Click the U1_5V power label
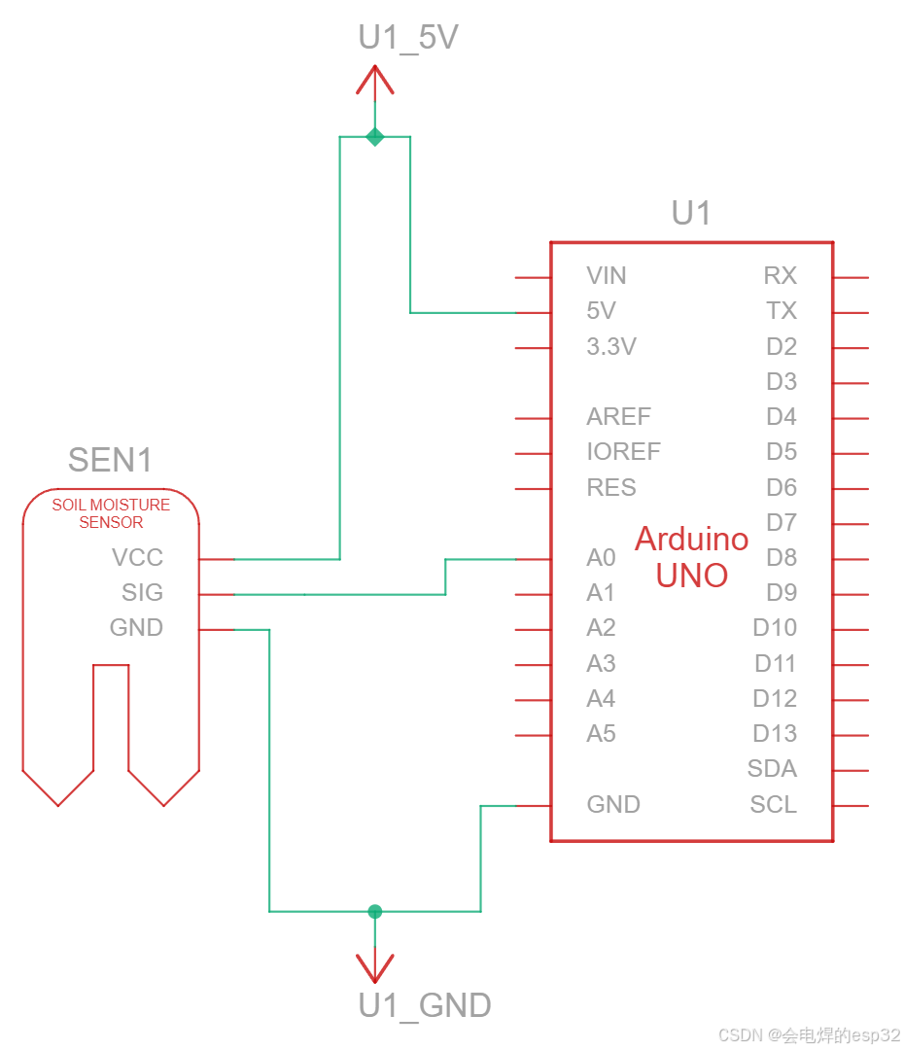point(408,38)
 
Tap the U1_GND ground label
point(425,1005)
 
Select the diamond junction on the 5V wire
point(375,137)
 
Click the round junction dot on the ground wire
point(375,911)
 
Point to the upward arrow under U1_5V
point(375,83)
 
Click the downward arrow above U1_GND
point(375,965)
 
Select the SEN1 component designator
point(110,460)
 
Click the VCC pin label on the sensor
point(137,557)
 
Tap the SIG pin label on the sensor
point(142,593)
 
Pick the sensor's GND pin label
point(137,627)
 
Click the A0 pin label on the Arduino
point(601,557)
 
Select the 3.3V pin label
point(611,346)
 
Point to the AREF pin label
point(619,416)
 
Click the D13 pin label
point(775,733)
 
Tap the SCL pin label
point(774,804)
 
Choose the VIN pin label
point(606,275)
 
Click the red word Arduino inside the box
point(692,539)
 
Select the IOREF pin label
point(623,451)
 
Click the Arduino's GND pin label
point(613,804)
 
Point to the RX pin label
point(781,275)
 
